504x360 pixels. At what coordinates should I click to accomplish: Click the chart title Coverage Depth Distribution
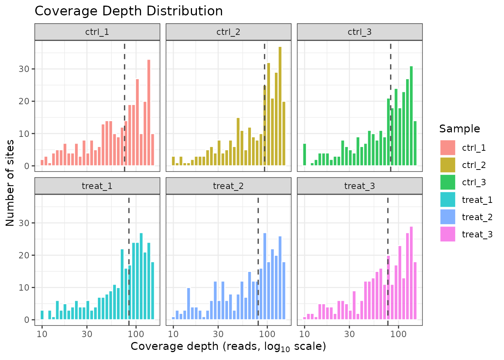coord(129,11)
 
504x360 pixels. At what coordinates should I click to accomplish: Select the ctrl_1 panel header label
coord(97,32)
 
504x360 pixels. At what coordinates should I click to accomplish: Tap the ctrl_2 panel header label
coord(228,32)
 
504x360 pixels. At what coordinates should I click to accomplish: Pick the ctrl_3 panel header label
coord(360,32)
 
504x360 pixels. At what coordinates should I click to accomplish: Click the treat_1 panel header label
coord(97,186)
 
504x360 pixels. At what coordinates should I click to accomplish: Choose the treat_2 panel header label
coord(228,186)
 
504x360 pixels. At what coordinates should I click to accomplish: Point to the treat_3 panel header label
coord(360,186)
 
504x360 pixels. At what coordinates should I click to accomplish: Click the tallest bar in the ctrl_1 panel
coord(149,112)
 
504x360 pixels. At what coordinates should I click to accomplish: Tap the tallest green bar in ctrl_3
coord(411,116)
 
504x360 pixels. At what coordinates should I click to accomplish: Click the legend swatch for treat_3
coord(448,234)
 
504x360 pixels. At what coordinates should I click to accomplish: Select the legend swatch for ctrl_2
coord(448,165)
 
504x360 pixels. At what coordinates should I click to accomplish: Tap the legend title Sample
coord(459,129)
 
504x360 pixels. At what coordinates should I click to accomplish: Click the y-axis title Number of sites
coord(10,183)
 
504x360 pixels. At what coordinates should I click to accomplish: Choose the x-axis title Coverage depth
coord(228,346)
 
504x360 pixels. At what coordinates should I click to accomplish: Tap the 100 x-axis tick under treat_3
coord(398,334)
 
